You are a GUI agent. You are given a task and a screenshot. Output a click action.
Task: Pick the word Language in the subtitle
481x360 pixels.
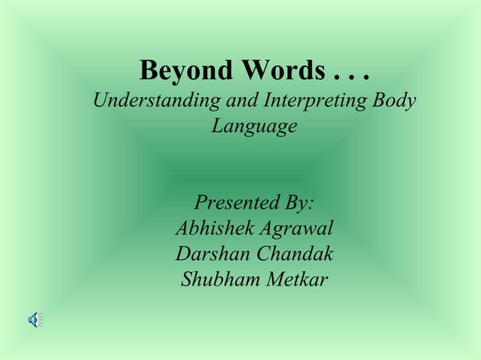(x=254, y=127)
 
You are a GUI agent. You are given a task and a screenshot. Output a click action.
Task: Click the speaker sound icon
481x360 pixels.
(x=35, y=320)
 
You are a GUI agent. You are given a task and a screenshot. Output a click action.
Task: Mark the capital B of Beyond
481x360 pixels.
(x=149, y=72)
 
